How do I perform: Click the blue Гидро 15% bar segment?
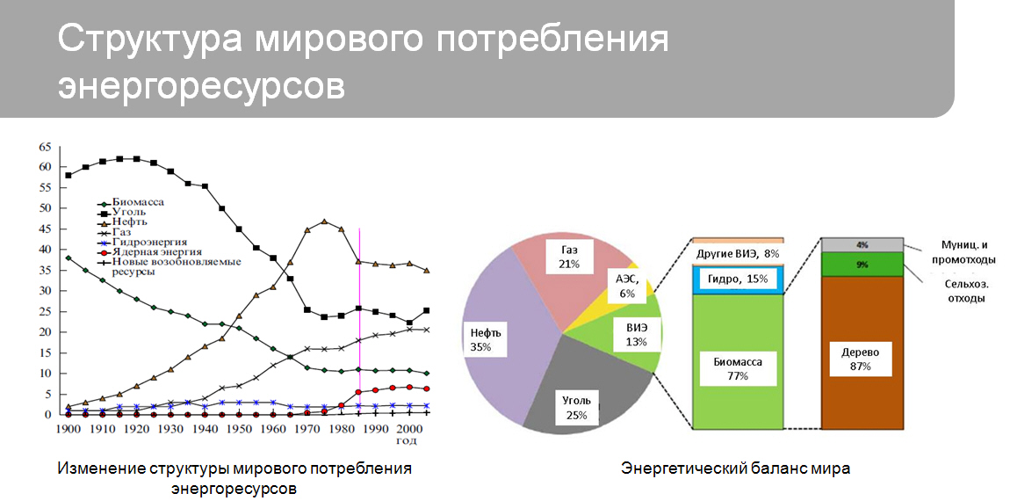738,280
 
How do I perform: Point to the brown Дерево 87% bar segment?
862,352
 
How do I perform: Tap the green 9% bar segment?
862,264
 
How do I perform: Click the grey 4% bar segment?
862,244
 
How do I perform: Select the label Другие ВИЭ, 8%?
738,253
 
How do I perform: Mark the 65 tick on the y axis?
44,147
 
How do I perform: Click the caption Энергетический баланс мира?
735,468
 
